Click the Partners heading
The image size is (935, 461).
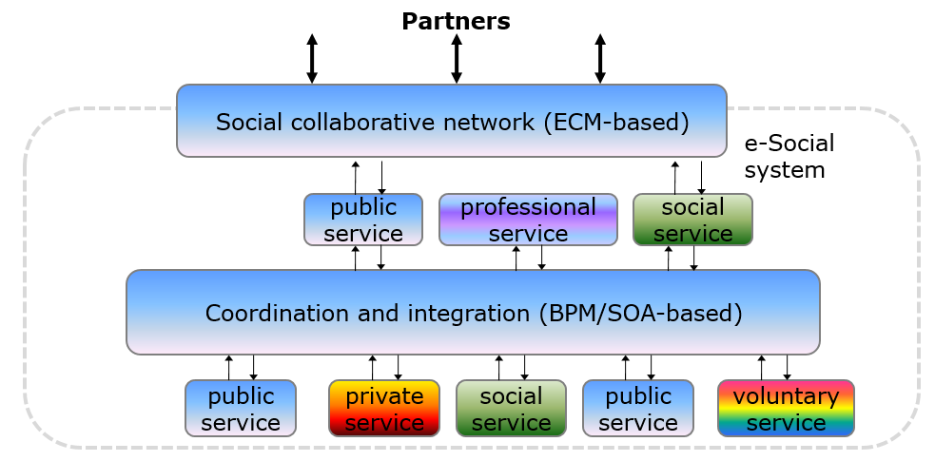pos(457,22)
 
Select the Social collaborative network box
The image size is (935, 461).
pos(452,121)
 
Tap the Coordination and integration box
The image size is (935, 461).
pos(473,312)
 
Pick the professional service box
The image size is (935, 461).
pos(528,220)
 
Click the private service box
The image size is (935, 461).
pos(384,408)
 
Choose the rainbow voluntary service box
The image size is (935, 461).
pos(786,408)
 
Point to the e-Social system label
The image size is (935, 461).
pos(789,157)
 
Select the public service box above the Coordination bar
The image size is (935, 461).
pos(363,220)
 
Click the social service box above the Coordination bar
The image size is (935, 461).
pos(692,220)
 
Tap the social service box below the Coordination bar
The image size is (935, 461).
pos(511,408)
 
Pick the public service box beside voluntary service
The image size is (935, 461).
pos(638,408)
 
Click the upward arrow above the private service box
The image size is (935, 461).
pos(373,368)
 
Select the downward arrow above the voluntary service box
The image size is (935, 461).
pos(788,368)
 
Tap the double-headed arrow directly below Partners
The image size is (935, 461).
pos(457,58)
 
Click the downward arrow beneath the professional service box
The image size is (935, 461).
pos(541,258)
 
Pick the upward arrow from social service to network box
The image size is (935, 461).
pos(675,177)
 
